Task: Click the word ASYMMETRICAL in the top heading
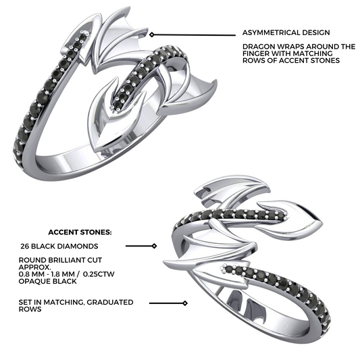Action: pos(271,32)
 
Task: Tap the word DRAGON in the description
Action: pos(259,47)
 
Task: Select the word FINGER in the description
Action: pos(256,53)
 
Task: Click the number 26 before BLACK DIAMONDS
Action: pos(24,246)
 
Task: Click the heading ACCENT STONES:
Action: pos(80,232)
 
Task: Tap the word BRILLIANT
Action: pos(69,260)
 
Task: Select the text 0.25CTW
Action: pos(99,274)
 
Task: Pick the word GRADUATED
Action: pos(110,302)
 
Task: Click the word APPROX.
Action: pos(35,267)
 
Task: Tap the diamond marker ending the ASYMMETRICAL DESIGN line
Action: pos(151,34)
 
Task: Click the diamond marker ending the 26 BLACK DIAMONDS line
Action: pos(155,246)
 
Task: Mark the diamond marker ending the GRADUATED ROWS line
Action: pos(185,303)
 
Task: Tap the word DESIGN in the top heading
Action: pos(316,32)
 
